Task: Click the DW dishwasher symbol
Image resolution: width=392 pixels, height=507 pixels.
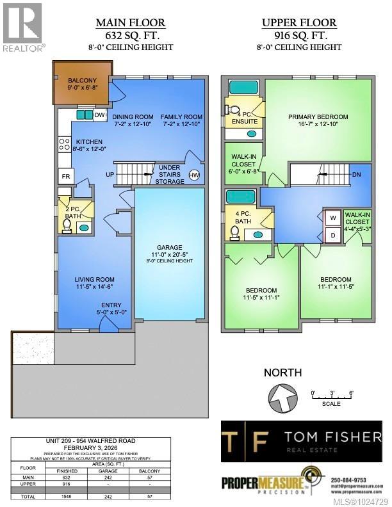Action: [x=99, y=115]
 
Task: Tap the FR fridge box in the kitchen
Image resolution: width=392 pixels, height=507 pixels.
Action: [x=65, y=176]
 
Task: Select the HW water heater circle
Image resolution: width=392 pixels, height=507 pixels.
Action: [x=194, y=175]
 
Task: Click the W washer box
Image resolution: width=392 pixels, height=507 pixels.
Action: [x=333, y=218]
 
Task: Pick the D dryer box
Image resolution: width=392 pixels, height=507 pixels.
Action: [x=333, y=235]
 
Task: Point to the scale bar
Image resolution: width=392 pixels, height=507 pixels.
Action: [x=332, y=398]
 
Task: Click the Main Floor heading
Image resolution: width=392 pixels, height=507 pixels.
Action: [x=131, y=24]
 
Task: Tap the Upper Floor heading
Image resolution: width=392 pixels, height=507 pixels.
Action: [x=299, y=24]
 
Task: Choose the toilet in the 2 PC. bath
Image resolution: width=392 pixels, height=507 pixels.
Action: [x=68, y=225]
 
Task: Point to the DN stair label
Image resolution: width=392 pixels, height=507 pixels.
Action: [x=356, y=173]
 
